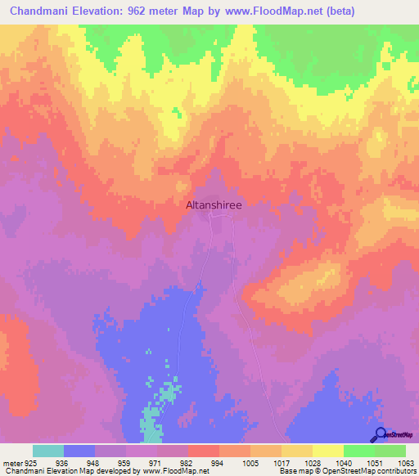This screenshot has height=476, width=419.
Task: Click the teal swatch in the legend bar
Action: coord(48,451)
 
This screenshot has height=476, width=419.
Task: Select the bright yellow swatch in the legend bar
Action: coord(327,451)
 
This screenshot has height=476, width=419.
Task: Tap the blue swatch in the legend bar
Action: coord(79,451)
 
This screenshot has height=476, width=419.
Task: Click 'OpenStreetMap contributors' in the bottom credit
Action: coord(373,470)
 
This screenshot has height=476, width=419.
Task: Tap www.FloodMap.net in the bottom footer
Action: coord(175,470)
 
